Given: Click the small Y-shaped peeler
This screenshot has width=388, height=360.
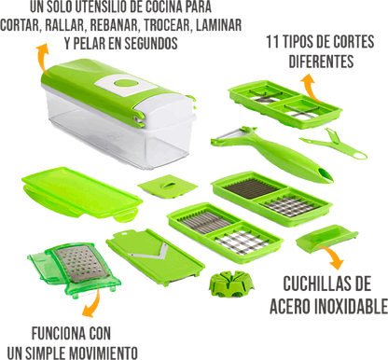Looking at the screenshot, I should coord(329,144).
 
